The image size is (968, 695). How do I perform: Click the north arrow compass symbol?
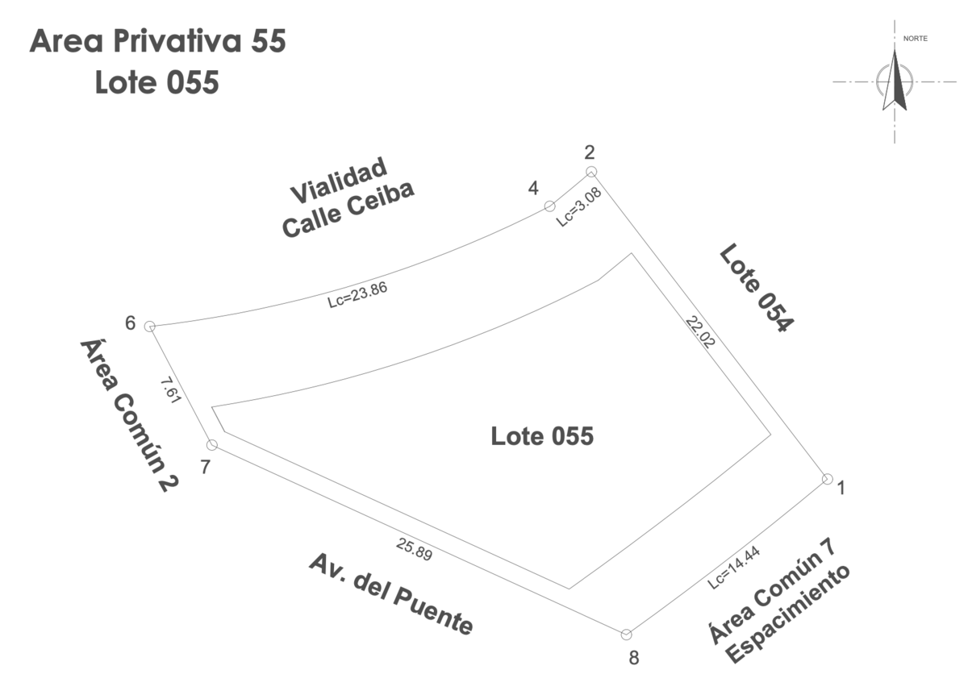895,81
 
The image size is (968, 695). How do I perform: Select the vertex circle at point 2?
591,172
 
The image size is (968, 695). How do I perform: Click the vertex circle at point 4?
549,206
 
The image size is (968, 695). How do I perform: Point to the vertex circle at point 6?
149,326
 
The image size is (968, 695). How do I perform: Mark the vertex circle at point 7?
212,445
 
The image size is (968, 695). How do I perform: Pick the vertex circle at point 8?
626,635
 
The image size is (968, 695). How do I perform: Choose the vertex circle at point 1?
827,479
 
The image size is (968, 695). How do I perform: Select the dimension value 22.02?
700,331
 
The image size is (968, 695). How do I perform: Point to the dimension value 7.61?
169,389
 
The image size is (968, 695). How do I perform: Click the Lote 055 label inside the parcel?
542,436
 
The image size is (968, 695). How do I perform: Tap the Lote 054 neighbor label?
757,288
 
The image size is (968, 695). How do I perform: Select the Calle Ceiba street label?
348,209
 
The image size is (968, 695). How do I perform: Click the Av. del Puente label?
390,594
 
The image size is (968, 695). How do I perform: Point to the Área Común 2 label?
129,414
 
